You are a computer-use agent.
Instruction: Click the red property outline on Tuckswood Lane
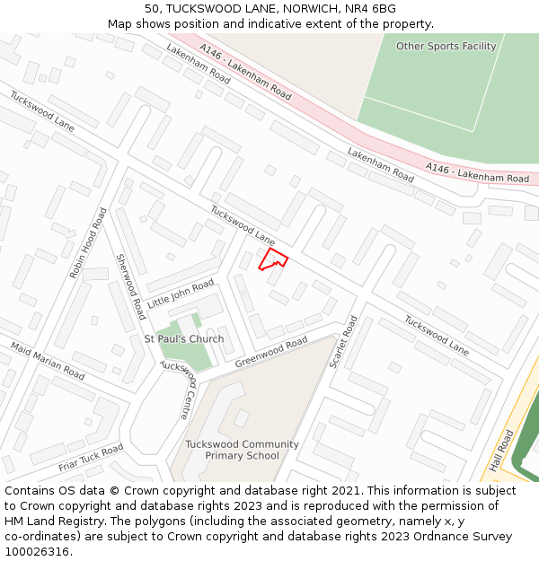[273, 259]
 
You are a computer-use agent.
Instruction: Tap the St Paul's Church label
[184, 339]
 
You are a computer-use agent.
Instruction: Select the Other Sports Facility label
[446, 46]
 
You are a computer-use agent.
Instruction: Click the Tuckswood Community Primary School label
[242, 450]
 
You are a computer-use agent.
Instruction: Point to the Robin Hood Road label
[88, 242]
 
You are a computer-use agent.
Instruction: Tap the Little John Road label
[181, 294]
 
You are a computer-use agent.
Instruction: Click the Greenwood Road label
[271, 351]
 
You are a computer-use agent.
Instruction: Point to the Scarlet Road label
[343, 341]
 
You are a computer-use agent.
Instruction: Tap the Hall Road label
[501, 451]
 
